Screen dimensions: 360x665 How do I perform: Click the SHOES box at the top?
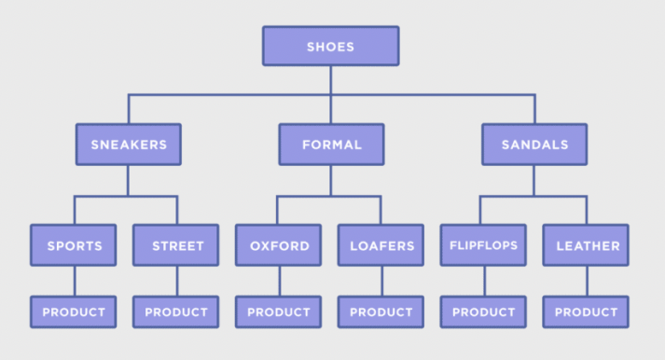click(330, 46)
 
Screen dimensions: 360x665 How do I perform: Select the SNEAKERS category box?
click(129, 145)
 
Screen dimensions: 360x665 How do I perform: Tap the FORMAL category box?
click(330, 145)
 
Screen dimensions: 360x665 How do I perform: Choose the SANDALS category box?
click(534, 145)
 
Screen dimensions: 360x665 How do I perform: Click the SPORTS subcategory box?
click(74, 246)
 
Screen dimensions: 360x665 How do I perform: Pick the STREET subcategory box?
click(176, 246)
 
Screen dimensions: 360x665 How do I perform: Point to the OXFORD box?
click(278, 246)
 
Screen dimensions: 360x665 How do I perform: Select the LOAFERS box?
click(381, 246)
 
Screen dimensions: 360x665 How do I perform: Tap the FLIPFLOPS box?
click(483, 246)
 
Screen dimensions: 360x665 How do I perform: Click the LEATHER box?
click(587, 246)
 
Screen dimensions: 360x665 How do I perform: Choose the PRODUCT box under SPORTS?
click(74, 312)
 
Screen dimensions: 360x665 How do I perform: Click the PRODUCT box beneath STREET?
click(176, 312)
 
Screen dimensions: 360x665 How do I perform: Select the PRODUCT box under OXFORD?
click(278, 312)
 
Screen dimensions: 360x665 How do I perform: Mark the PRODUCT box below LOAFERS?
click(381, 312)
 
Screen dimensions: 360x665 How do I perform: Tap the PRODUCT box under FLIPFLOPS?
click(483, 312)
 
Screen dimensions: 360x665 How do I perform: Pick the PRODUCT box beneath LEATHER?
click(587, 312)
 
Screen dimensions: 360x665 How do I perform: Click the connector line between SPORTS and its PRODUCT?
click(74, 282)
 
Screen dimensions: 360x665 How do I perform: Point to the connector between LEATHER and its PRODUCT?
click(587, 282)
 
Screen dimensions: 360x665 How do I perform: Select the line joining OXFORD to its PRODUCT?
click(278, 282)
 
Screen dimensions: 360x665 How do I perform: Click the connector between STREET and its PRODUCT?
click(176, 282)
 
